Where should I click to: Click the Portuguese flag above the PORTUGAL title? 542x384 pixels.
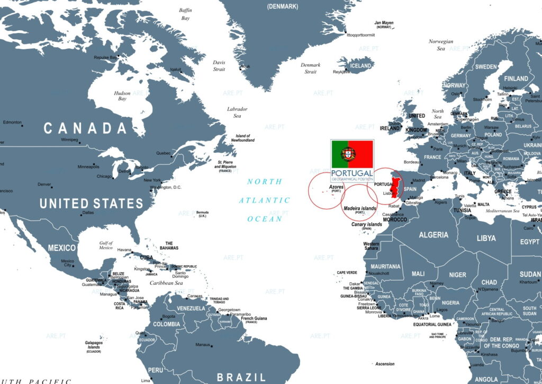pos(352,154)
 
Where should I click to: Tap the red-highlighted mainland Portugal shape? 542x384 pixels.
pos(394,186)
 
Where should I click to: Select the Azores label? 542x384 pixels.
pos(336,187)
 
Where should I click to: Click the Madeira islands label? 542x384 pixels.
pos(360,208)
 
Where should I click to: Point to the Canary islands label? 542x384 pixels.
pos(367,224)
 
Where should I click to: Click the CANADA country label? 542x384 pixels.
pos(85,128)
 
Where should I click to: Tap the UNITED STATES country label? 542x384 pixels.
pos(92,203)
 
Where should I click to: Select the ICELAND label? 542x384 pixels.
pos(362,66)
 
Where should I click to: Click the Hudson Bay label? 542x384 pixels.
pos(122,96)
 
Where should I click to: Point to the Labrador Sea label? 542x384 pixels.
pos(237,112)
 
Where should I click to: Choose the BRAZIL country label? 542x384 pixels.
pos(241,377)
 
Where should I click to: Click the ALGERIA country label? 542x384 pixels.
pos(433,235)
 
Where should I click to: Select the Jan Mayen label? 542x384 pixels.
pos(384,23)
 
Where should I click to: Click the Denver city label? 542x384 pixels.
pos(44,185)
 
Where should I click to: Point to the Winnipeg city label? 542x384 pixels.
pos(69,140)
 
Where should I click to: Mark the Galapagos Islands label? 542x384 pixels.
pos(93,345)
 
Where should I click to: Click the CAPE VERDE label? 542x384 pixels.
pos(347,273)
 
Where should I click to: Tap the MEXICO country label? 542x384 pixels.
pos(62,248)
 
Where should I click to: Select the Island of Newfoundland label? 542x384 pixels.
pos(242,138)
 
